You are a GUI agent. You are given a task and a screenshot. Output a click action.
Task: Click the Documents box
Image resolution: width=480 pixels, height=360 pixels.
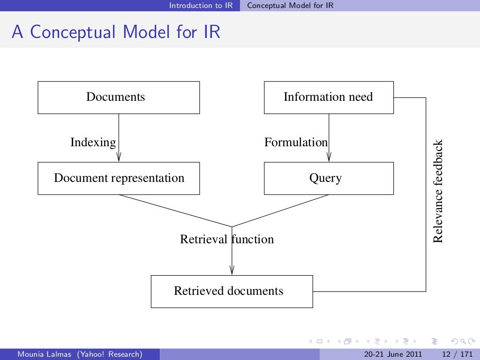[x=119, y=97]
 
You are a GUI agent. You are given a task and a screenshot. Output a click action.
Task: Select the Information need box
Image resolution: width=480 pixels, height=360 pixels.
[x=329, y=97]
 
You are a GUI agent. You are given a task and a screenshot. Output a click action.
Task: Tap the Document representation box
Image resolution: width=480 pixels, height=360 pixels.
[x=119, y=179]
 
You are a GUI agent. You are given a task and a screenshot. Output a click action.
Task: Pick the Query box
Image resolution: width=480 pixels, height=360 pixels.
[x=329, y=179]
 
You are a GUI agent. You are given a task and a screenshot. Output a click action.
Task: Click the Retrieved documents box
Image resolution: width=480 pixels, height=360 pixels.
[x=232, y=291]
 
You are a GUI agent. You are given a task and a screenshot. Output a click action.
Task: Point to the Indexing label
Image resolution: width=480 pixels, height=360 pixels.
[x=93, y=142]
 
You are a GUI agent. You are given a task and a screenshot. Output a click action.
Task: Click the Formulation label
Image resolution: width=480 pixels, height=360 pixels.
[x=296, y=142]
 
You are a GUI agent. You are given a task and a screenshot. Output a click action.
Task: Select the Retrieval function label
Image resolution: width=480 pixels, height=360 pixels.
[x=227, y=240]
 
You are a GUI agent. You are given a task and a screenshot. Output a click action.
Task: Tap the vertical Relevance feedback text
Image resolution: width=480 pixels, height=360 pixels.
[x=437, y=191]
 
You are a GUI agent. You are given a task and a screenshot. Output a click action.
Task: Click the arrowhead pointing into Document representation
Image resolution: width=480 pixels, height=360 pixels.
[x=119, y=157]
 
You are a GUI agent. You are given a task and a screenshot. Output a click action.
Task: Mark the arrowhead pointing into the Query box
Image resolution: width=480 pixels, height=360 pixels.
[x=329, y=157]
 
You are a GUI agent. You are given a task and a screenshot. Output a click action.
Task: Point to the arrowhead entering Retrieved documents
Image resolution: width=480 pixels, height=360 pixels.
[x=232, y=270]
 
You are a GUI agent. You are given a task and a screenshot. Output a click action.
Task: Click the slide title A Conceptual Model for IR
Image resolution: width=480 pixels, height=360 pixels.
[x=116, y=32]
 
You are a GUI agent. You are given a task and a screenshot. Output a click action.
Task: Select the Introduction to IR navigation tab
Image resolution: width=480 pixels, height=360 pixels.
[x=201, y=6]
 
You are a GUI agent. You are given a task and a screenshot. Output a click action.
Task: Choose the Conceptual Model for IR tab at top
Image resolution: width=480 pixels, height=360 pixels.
[x=290, y=6]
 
